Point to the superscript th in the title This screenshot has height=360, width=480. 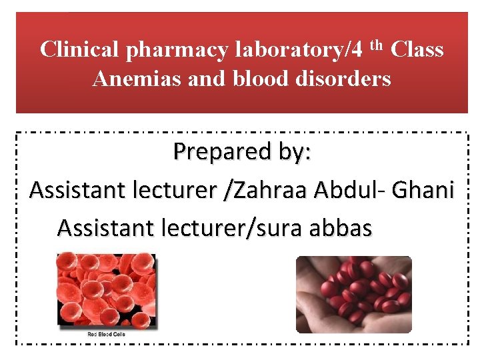377,45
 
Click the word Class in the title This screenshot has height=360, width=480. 417,49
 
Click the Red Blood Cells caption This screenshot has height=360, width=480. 107,333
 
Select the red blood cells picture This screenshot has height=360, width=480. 107,289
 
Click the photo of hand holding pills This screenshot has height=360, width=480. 354,294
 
